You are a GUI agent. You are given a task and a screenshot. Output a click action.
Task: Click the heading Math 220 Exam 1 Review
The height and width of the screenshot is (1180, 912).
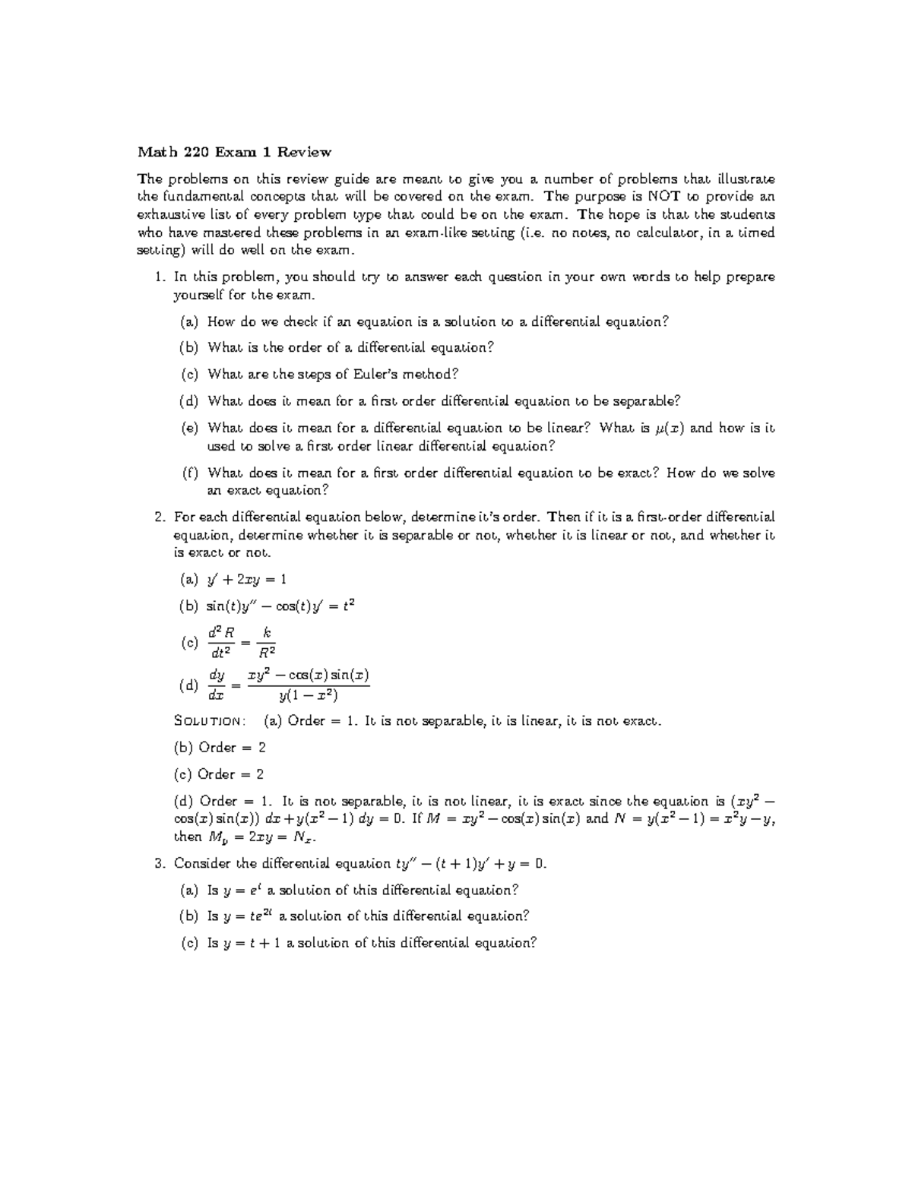pos(234,152)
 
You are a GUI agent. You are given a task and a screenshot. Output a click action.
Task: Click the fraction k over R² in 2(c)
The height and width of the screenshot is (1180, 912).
pos(266,643)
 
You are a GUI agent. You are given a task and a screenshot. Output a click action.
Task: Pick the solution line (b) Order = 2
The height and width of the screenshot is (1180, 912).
pos(220,748)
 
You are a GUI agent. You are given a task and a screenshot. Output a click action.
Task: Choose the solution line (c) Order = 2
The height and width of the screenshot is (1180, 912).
pos(220,774)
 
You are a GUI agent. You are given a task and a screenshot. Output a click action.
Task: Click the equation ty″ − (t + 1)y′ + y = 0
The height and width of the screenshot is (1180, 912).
pos(470,864)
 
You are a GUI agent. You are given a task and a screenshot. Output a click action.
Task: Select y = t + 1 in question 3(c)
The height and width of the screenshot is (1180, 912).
pos(252,943)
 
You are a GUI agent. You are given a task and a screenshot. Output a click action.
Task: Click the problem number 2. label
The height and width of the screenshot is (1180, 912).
pos(160,517)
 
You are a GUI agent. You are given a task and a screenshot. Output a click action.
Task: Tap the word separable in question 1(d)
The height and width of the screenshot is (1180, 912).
pos(643,401)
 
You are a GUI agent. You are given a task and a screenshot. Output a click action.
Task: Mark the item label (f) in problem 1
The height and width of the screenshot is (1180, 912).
pos(189,473)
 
